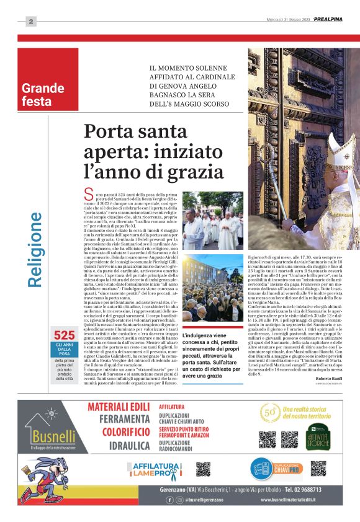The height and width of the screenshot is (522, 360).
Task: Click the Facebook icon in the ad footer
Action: pyautogui.click(x=169, y=499)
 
